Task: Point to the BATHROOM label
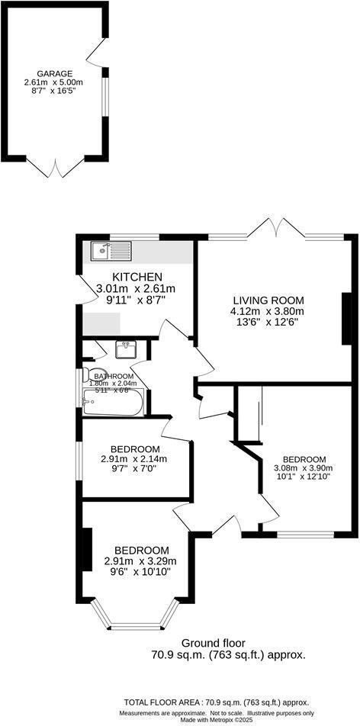coord(114,377)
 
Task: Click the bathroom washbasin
coord(126,350)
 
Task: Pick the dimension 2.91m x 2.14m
coord(134,459)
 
